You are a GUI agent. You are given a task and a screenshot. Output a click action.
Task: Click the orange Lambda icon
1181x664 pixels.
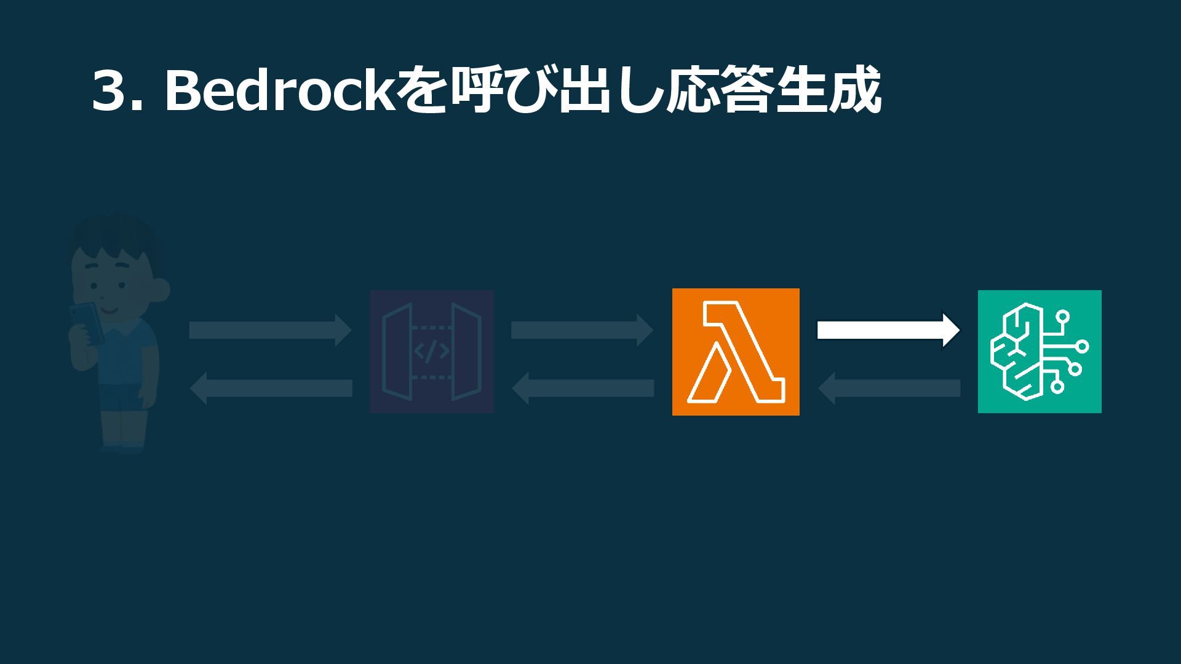click(736, 352)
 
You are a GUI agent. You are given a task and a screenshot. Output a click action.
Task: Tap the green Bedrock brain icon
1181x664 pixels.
click(1040, 352)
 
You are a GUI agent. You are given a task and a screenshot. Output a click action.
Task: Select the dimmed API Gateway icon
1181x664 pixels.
click(431, 352)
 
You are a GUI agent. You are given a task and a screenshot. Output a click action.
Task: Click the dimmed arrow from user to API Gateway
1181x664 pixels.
click(270, 330)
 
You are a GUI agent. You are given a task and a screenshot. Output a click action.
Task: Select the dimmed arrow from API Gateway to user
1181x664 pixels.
click(271, 388)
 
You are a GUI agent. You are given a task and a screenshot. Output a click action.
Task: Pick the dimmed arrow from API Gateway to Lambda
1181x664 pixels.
click(581, 330)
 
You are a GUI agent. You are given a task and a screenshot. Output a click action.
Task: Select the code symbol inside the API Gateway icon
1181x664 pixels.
click(431, 352)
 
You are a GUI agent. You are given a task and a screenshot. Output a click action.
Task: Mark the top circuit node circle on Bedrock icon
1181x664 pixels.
click(1062, 317)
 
